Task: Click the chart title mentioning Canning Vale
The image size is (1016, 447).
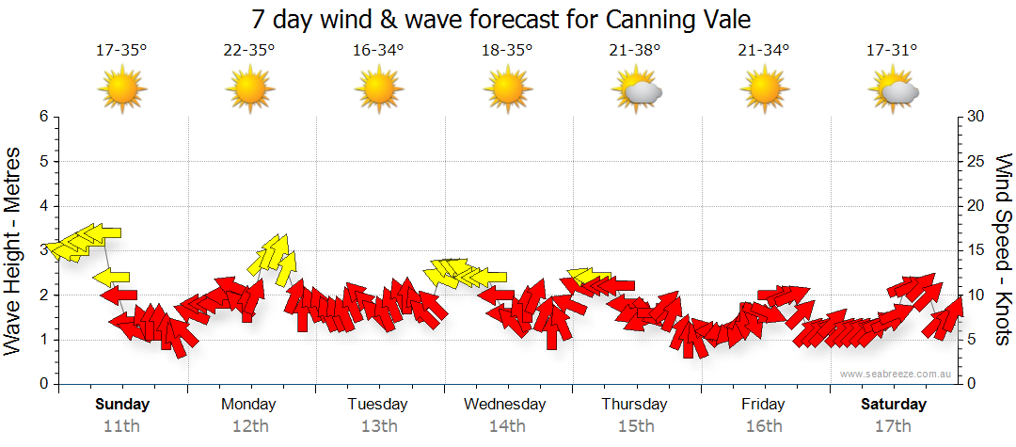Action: point(501,19)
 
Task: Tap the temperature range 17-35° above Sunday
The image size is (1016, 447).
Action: point(121,51)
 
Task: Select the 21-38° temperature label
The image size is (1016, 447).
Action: point(634,51)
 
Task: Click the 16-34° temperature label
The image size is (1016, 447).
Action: point(378,51)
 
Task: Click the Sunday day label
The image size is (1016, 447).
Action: point(122,405)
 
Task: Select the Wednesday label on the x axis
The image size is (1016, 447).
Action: point(505,405)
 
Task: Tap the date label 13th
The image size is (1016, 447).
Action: point(378,426)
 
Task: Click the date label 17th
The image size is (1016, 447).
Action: point(893,426)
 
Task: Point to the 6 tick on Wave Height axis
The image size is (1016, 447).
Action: point(43,117)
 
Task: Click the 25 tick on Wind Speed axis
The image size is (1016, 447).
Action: point(976,161)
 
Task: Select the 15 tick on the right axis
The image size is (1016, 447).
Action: point(976,250)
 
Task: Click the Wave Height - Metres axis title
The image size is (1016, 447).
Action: point(15,251)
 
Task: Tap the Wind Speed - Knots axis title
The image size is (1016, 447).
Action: point(1003,251)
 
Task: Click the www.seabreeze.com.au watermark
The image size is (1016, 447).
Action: point(897,374)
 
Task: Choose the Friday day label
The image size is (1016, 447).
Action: point(763,405)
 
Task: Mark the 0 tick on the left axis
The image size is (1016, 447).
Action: point(43,385)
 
